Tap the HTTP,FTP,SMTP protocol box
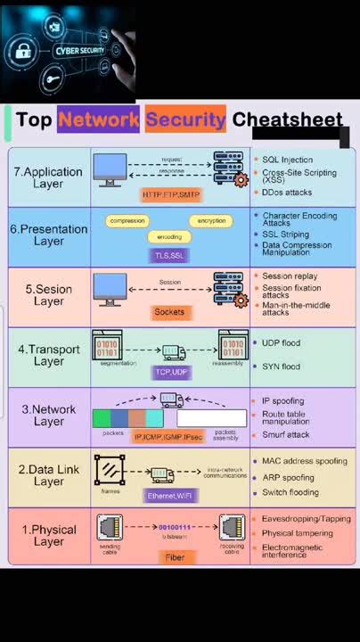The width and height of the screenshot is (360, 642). [171, 193]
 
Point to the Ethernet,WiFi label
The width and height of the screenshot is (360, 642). [170, 495]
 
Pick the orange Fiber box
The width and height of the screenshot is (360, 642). [175, 556]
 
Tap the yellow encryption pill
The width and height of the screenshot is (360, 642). [211, 220]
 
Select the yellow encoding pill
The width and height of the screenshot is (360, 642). [169, 237]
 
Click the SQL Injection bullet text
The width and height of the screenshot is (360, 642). [287, 159]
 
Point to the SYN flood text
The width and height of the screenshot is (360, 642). [281, 366]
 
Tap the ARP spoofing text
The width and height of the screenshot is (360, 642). [288, 477]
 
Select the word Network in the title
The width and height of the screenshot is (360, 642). [98, 119]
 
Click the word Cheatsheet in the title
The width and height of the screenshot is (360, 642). [287, 119]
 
